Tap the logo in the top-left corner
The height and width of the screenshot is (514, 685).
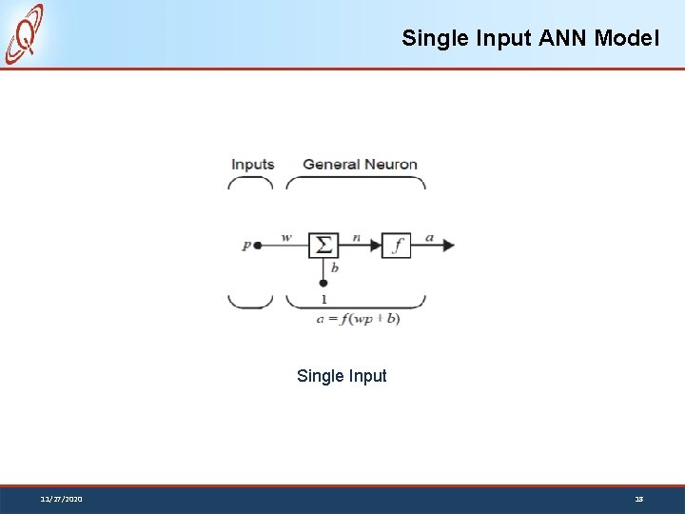pyautogui.click(x=26, y=33)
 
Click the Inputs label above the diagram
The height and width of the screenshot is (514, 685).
pyautogui.click(x=253, y=165)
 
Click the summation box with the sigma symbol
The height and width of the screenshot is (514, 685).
pyautogui.click(x=323, y=245)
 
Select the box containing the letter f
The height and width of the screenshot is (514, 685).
pyautogui.click(x=397, y=245)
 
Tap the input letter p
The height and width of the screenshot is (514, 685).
pyautogui.click(x=246, y=245)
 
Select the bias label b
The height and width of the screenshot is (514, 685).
pyautogui.click(x=334, y=267)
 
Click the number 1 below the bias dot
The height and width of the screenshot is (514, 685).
pyautogui.click(x=323, y=299)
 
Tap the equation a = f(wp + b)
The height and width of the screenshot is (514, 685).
pyautogui.click(x=358, y=319)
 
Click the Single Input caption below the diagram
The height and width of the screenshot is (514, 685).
pyautogui.click(x=342, y=376)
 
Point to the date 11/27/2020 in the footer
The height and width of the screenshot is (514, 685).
pyautogui.click(x=61, y=499)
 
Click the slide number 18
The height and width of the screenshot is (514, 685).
pyautogui.click(x=639, y=499)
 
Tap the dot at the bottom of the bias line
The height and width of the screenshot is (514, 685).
pyautogui.click(x=323, y=283)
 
